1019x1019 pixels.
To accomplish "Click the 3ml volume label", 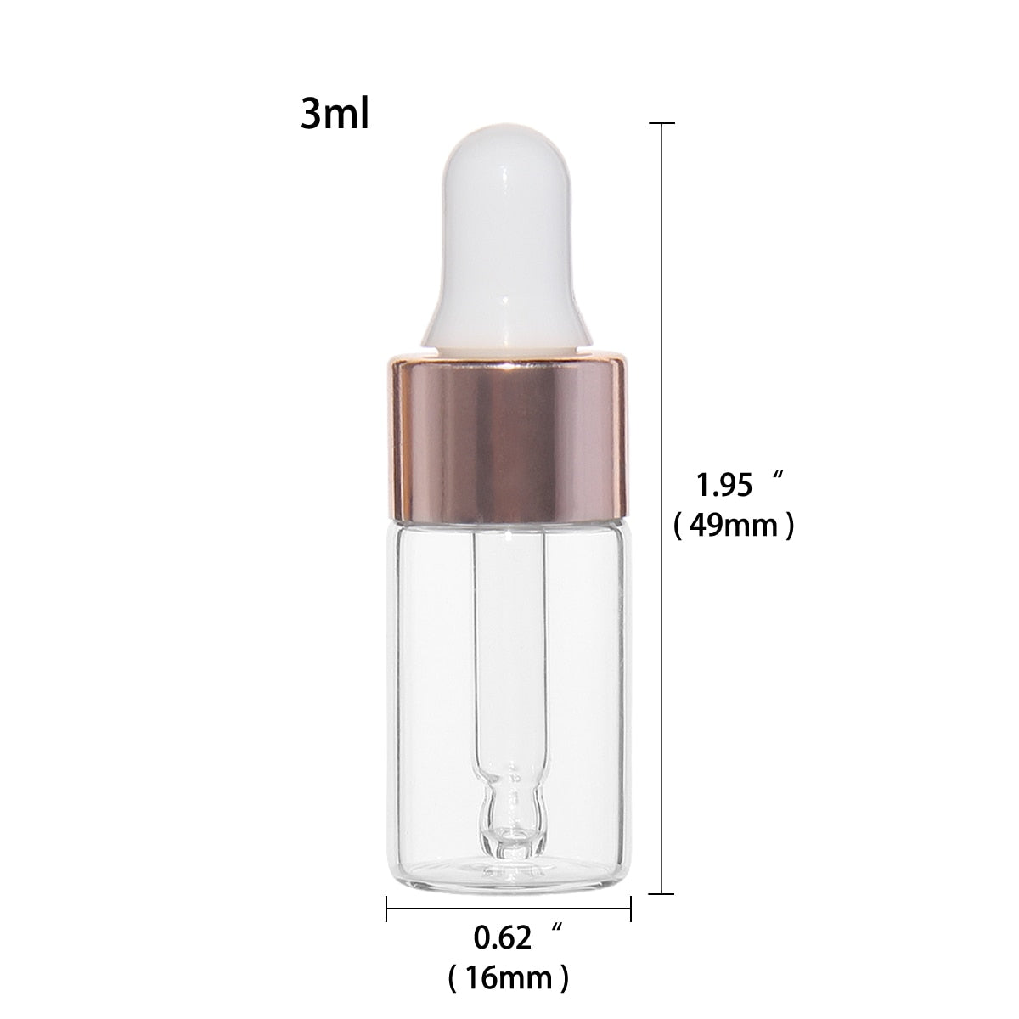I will [x=335, y=115].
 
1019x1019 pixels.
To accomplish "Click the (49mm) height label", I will [x=734, y=526].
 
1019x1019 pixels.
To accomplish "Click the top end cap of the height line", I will [x=662, y=124].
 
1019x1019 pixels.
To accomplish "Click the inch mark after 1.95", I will [x=774, y=476].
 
